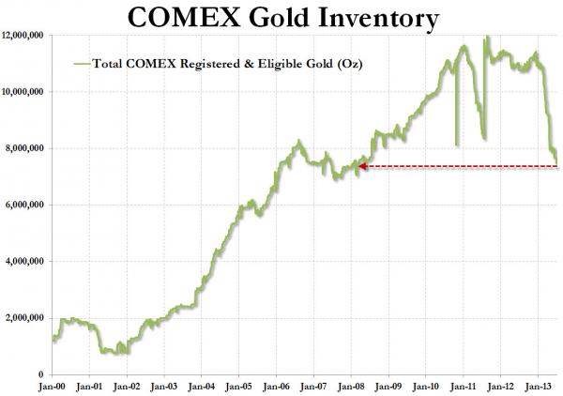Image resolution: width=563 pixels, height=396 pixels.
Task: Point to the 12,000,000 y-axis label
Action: click(x=26, y=35)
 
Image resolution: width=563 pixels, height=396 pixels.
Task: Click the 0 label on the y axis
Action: click(x=45, y=375)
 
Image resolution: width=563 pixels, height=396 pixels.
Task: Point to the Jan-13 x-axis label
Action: click(x=539, y=386)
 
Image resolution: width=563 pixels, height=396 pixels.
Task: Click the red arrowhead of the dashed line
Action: click(x=361, y=166)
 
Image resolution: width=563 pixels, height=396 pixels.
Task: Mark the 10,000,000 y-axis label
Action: click(x=26, y=92)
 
